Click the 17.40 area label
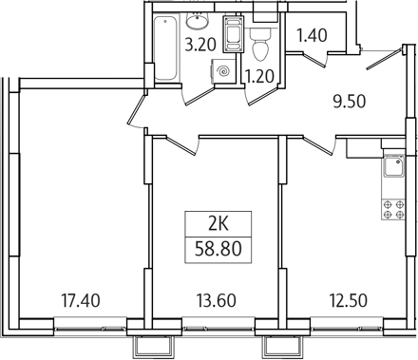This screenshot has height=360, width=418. tap(80, 301)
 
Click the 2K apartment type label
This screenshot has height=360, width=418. tap(218, 226)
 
